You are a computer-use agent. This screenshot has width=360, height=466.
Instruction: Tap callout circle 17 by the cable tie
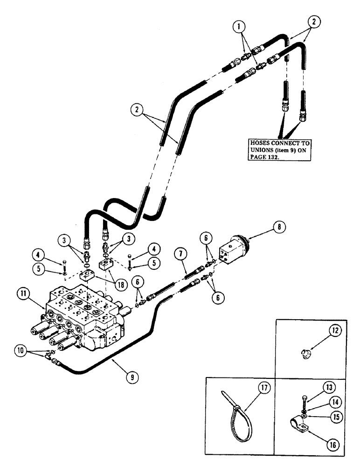(x=265, y=387)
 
